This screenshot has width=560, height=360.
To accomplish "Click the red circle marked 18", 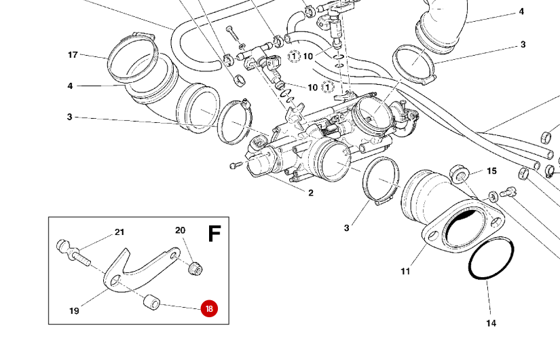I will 209,308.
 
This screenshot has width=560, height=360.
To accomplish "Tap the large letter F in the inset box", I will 214,234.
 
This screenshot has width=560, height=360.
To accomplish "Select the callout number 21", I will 119,232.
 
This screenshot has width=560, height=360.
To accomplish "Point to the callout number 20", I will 180,230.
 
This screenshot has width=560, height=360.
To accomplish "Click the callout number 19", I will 74,311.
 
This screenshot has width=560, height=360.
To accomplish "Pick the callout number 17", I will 73,54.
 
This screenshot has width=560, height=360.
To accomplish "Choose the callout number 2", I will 311,193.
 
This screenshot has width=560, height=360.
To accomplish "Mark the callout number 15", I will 492,171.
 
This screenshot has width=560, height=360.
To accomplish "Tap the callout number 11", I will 405,272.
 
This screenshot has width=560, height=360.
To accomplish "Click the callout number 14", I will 491,323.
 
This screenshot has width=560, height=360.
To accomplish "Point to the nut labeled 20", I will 196,266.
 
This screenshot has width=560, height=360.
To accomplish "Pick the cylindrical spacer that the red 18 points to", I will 151,302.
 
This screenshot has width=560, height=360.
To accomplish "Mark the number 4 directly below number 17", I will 70,86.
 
